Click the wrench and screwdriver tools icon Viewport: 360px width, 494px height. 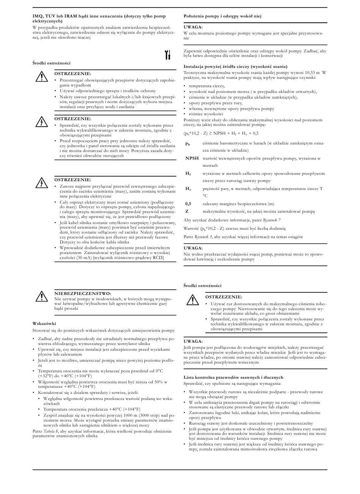coord(167,55)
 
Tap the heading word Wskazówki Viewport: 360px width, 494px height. coord(44,323)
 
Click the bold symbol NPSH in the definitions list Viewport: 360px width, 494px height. coord(192,158)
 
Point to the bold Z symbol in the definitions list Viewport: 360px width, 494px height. coord(187,211)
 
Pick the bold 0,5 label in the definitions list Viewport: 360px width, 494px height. coord(188,204)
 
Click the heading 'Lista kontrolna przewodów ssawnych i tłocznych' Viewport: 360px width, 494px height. coord(233,377)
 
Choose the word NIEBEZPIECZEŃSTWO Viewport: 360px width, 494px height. coord(83,293)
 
